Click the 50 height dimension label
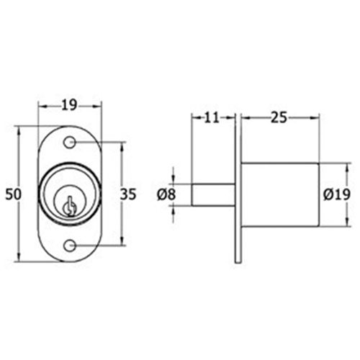pyautogui.click(x=14, y=194)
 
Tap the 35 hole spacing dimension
pyautogui.click(x=128, y=194)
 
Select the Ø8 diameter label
pyautogui.click(x=166, y=194)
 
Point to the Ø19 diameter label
pyautogui.click(x=337, y=194)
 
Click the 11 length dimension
pyautogui.click(x=212, y=117)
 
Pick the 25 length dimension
pyautogui.click(x=279, y=117)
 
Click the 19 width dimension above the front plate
pyautogui.click(x=69, y=105)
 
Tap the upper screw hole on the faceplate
pyautogui.click(x=70, y=143)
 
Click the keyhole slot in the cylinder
pyautogui.click(x=70, y=207)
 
